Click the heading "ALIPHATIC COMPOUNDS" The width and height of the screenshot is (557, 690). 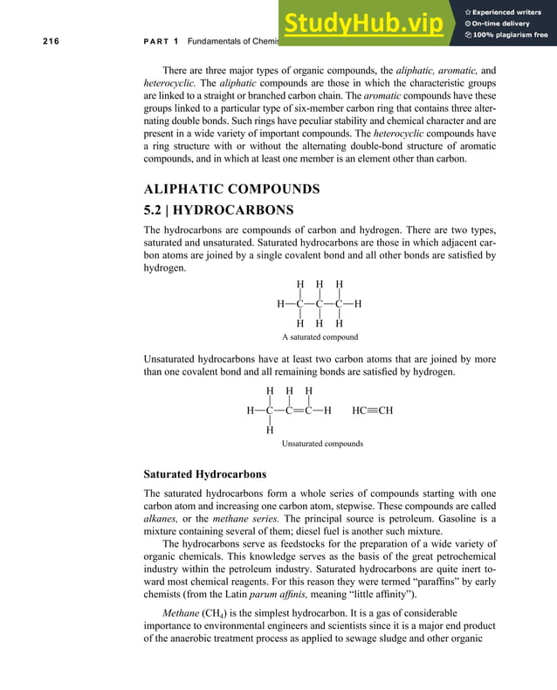tap(231, 189)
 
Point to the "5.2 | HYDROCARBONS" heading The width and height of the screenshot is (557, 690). tap(218, 210)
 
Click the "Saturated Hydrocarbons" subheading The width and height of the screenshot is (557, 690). tap(205, 474)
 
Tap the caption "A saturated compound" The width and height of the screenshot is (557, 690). tap(320, 337)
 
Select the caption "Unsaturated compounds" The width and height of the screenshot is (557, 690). tap(322, 444)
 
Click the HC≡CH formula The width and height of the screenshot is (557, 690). tap(373, 410)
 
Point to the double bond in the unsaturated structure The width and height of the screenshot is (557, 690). tap(298, 410)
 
